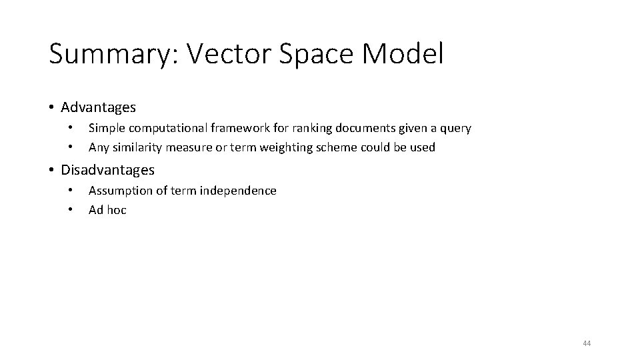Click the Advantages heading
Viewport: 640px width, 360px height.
coord(98,107)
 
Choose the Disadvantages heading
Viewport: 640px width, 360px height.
coord(107,170)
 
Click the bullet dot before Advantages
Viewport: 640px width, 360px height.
coord(51,107)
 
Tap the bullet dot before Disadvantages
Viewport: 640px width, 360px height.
coord(51,170)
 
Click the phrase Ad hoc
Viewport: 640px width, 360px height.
coord(107,210)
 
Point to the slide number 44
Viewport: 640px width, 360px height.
coord(587,343)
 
